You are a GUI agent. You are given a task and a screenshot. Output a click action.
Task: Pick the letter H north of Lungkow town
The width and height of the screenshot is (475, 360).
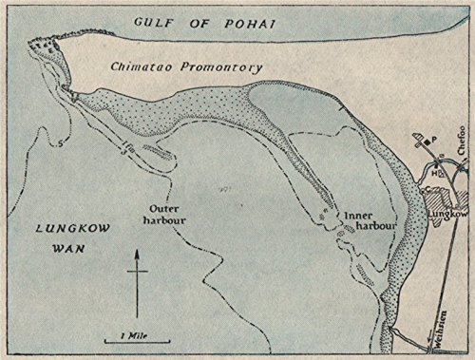click(x=433, y=175)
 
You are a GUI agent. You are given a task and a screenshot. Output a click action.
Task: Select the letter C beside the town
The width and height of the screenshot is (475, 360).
click(x=426, y=189)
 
